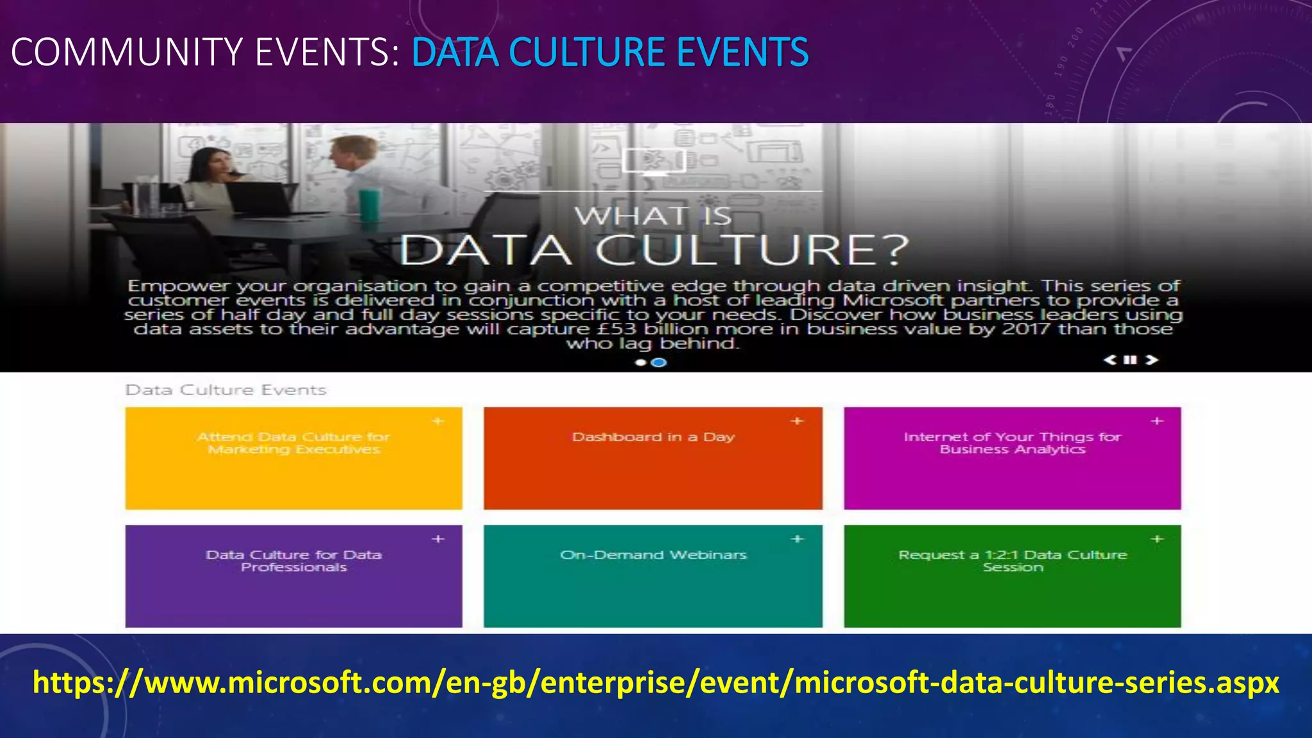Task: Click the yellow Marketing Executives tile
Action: point(293,458)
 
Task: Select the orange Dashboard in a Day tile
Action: point(653,458)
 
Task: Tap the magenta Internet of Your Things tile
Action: point(1012,458)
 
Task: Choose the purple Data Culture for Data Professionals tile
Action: point(293,576)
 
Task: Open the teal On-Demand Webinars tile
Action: point(653,576)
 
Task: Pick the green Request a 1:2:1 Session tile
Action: point(1012,576)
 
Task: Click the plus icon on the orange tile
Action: point(797,421)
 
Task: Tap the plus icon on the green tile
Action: point(1157,539)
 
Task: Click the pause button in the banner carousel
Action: point(1131,360)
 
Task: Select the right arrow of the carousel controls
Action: point(1152,360)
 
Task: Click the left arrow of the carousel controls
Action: point(1110,360)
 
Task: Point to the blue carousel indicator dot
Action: point(659,363)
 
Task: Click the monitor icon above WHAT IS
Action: point(653,161)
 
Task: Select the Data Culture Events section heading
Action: point(225,390)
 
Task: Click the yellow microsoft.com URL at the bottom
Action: point(656,683)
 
